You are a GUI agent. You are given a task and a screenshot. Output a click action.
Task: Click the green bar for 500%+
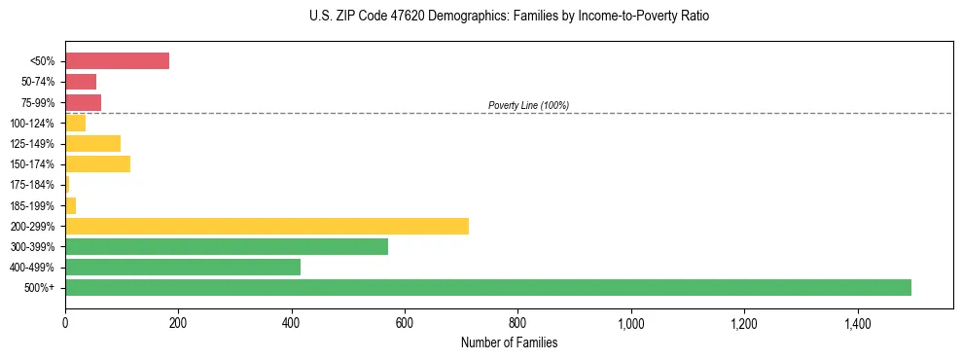[487, 287]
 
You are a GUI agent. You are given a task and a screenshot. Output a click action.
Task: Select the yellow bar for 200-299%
[267, 226]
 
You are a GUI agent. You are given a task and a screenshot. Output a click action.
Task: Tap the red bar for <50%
[117, 61]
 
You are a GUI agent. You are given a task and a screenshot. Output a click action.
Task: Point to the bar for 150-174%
[97, 164]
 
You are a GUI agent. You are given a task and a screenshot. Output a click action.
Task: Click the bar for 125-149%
[92, 144]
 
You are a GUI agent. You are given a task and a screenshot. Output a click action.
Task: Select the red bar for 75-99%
[83, 102]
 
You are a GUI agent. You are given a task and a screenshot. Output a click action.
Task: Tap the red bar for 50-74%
[81, 82]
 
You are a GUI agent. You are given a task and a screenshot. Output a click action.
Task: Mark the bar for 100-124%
[75, 123]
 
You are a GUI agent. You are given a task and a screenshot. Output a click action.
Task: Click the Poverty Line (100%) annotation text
[528, 105]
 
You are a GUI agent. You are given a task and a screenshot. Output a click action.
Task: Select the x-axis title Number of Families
[509, 342]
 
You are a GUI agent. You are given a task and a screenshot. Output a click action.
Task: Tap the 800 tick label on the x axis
[517, 322]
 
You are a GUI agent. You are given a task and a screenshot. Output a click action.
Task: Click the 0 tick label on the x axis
[65, 322]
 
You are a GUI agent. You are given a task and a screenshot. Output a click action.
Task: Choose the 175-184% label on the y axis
[33, 185]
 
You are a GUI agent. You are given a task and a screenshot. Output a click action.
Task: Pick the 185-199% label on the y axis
[33, 205]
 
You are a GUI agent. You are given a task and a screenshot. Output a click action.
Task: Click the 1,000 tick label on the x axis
[631, 322]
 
